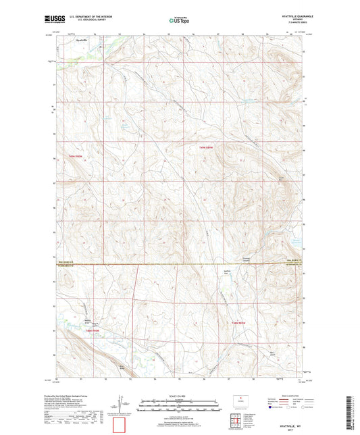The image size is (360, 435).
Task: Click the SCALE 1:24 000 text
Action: (180, 396)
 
